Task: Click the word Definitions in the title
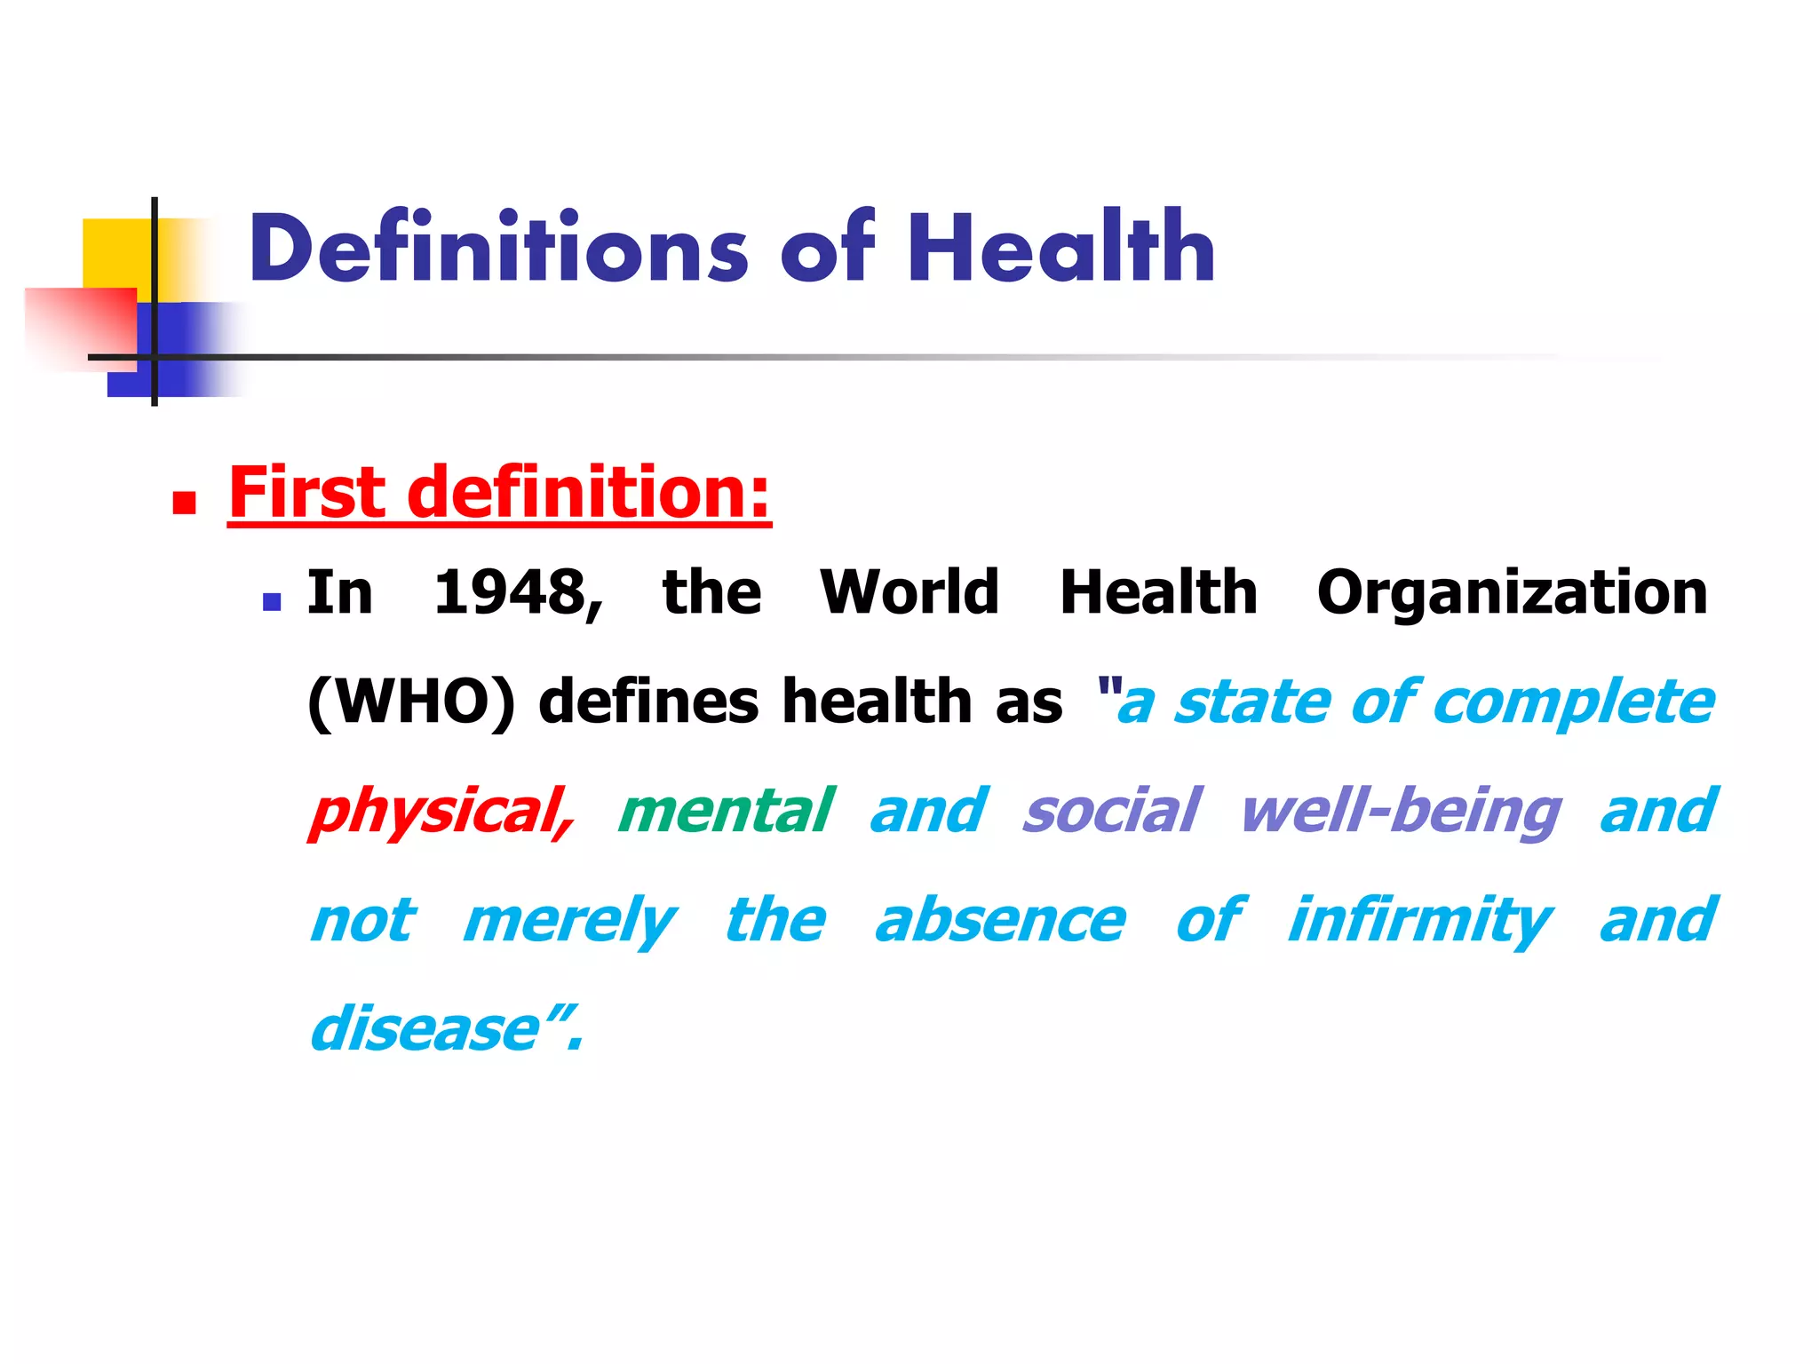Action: tap(498, 250)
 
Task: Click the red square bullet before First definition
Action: tap(184, 504)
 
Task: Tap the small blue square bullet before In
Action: tap(272, 603)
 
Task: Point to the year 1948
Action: tap(517, 592)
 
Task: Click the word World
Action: tap(909, 592)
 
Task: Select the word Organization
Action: tap(1512, 592)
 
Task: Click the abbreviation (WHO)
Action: tap(410, 702)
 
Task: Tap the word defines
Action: tap(648, 702)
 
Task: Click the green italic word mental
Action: tap(725, 812)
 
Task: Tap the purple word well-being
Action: tap(1400, 812)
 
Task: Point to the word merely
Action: tap(568, 922)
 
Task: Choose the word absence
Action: tap(1000, 922)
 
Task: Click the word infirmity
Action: tap(1419, 922)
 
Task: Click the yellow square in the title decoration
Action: tap(115, 252)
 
